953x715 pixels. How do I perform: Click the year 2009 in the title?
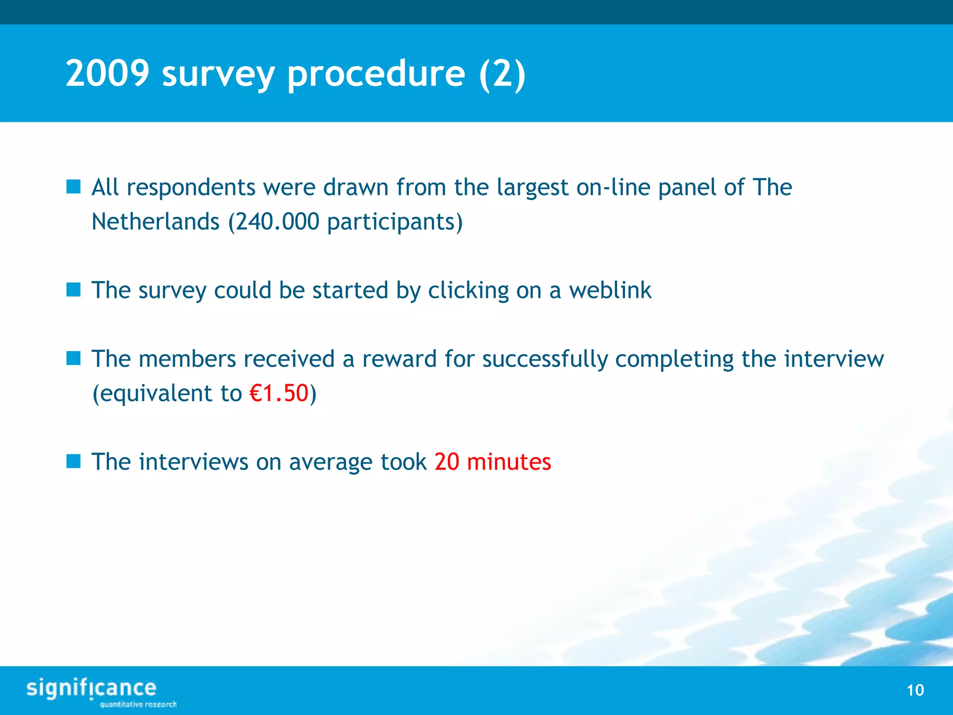point(107,74)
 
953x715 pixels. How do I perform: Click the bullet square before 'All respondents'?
point(74,187)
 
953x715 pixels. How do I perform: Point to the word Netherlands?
point(155,222)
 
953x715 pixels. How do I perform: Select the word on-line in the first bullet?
point(613,188)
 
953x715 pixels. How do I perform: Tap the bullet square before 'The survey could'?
point(74,290)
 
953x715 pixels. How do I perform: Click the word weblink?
point(610,290)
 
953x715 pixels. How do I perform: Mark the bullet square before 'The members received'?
point(74,358)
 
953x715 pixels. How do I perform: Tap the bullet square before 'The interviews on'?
point(74,462)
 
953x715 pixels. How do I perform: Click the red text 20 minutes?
point(493,462)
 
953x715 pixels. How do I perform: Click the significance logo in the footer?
point(92,688)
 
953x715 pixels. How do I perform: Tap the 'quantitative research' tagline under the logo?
point(138,704)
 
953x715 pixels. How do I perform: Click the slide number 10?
point(915,690)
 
